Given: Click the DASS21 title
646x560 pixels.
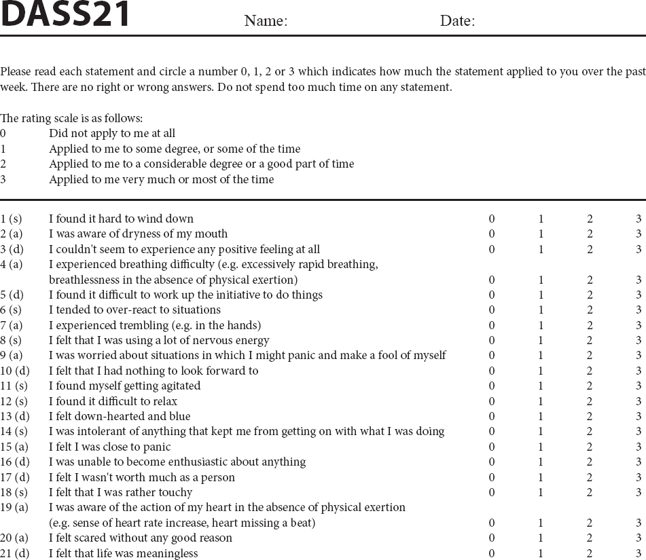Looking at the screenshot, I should click(x=65, y=14).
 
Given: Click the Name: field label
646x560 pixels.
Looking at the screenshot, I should click(x=266, y=21).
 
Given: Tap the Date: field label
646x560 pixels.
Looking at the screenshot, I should click(x=457, y=21).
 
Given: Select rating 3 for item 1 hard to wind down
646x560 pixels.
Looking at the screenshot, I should click(x=639, y=219).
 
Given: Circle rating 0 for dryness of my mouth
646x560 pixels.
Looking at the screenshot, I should click(x=492, y=234).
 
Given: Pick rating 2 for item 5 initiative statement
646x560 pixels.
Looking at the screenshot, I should click(x=590, y=295).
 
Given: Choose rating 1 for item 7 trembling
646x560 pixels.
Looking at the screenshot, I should click(x=541, y=325).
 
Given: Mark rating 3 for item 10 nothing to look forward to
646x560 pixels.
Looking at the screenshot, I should click(x=639, y=371).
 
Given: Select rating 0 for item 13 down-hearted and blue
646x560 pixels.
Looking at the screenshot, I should click(x=492, y=416).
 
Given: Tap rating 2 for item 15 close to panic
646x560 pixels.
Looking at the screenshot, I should click(x=590, y=447).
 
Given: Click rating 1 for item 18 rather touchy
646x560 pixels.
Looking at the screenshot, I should click(x=541, y=492).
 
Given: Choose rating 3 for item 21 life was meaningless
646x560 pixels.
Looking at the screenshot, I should click(x=639, y=553).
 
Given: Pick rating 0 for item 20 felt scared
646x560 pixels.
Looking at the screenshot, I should click(x=492, y=538).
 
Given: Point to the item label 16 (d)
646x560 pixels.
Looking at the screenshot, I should click(x=15, y=462).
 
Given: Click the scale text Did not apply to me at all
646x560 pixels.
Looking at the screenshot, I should click(x=112, y=134).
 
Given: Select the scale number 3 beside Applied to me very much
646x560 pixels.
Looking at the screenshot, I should click(x=3, y=179).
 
